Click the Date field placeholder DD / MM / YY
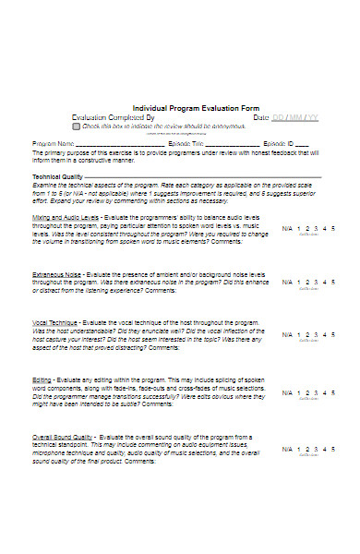[x=295, y=117]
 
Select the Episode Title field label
[x=186, y=144]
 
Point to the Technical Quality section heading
[x=57, y=176]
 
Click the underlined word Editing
[x=42, y=379]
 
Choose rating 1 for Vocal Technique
[x=298, y=334]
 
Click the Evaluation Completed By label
[x=113, y=117]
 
